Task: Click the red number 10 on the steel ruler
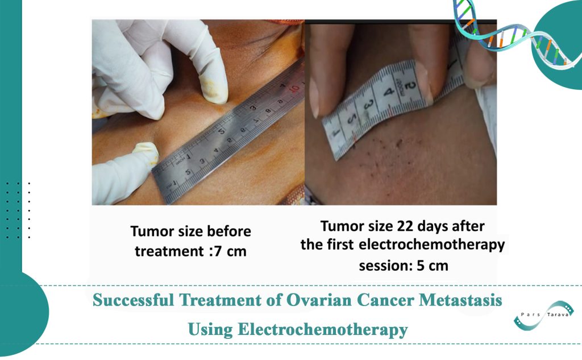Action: [294, 89]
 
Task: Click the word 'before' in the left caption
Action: [227, 231]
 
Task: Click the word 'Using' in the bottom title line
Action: [210, 329]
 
